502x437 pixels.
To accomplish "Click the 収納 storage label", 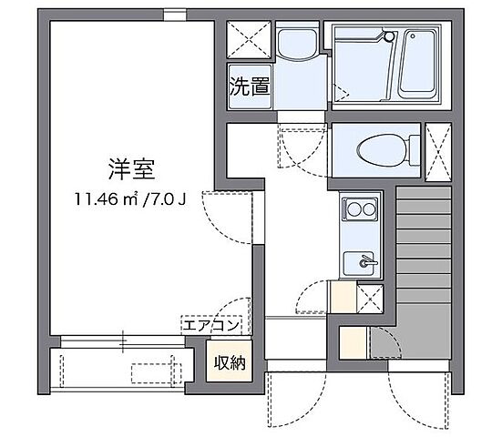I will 230,363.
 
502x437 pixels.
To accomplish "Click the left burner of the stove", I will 353,209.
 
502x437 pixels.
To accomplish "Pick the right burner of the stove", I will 369,209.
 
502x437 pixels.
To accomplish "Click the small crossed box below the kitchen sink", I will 371,297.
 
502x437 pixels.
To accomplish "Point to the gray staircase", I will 425,273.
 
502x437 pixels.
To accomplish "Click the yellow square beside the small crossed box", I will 344,297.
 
